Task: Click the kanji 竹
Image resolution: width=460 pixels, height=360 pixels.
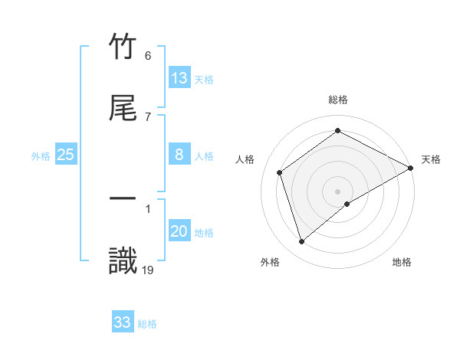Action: tap(123, 47)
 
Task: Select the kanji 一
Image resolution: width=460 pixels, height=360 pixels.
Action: tap(123, 198)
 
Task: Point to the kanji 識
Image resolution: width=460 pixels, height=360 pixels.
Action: tap(123, 260)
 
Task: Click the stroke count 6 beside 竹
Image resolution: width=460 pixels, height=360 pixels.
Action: tap(147, 56)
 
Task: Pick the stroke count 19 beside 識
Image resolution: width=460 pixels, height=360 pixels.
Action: tap(148, 270)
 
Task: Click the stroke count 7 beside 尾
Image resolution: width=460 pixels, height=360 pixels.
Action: tap(147, 116)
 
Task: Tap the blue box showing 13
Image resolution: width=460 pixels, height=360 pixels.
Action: tap(179, 78)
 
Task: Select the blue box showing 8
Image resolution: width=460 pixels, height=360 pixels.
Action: tap(179, 155)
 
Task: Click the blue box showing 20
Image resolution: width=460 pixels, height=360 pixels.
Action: tap(179, 231)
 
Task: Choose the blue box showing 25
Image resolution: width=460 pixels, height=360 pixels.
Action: tap(66, 155)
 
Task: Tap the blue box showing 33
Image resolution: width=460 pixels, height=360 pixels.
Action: tap(123, 322)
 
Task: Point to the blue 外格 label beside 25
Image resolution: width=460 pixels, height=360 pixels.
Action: tap(41, 156)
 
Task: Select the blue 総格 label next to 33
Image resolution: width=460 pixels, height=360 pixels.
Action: tap(148, 324)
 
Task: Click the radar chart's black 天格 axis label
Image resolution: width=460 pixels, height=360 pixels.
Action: tap(431, 159)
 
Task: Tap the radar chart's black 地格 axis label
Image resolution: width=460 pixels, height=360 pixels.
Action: tap(402, 262)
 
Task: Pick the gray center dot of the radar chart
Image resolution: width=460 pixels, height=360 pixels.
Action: tap(338, 191)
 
